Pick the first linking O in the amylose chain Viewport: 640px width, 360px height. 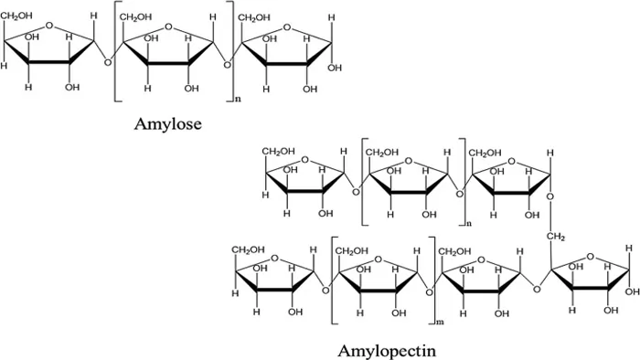point(108,62)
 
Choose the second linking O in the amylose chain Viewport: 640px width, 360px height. point(229,62)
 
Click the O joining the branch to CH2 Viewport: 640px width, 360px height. point(550,197)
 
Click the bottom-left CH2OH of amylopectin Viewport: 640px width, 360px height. point(249,248)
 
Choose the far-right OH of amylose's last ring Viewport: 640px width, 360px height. point(335,67)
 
